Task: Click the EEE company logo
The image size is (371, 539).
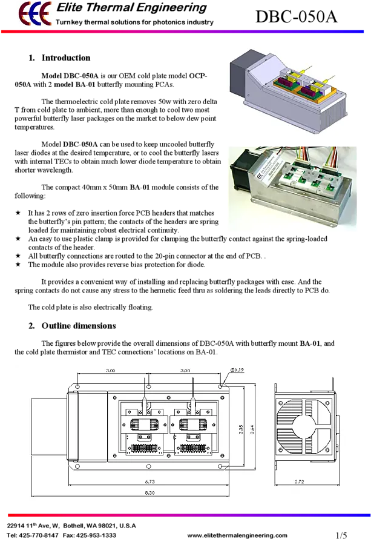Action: pos(35,13)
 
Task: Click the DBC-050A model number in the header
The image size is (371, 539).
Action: pos(297,16)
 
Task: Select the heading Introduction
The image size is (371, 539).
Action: pos(66,58)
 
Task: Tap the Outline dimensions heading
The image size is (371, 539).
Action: pos(79,326)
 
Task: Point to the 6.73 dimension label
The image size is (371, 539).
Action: pos(149,481)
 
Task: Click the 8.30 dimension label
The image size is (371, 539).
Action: pos(149,492)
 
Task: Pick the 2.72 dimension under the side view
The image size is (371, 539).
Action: pos(299,481)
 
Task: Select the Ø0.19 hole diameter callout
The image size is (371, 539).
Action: pos(237,370)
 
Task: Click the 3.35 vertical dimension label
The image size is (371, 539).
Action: pos(241,429)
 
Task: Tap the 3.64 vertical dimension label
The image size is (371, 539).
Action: pos(252,429)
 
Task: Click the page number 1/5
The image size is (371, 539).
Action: pos(341,535)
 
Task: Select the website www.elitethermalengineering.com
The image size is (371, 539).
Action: pos(237,535)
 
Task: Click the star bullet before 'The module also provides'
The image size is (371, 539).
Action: pos(18,264)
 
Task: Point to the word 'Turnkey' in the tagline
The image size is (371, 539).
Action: pos(69,22)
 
